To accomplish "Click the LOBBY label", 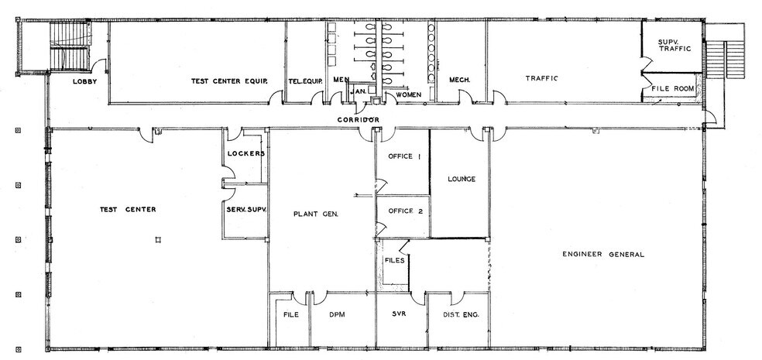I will coord(84,81).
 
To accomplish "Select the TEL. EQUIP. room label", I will coord(304,81).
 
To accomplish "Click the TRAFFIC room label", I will coord(541,78).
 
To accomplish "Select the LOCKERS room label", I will coord(247,153).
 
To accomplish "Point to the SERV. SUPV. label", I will coord(245,209).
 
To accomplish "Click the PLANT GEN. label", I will coord(314,214).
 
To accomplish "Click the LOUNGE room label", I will coord(461,180).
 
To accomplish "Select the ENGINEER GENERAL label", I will coord(603,255).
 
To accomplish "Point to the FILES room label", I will coord(394,260).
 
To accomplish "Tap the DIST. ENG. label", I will coord(457,314).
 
